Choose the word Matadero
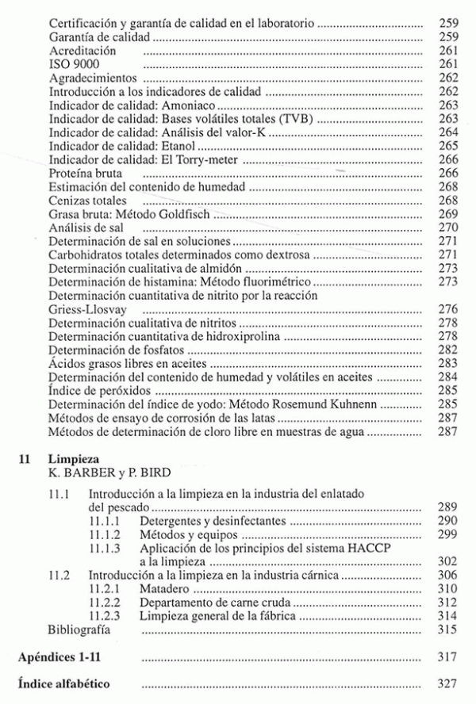coord(167,587)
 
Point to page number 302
coord(448,561)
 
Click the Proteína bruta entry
coord(85,173)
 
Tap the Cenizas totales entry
coord(86,201)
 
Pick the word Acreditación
coord(83,51)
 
